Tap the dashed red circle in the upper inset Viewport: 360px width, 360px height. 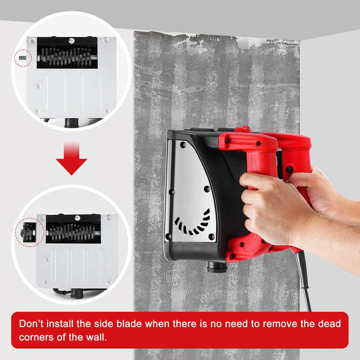(22, 57)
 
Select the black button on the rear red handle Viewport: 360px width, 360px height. (290, 169)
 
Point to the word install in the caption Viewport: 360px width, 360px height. (66, 323)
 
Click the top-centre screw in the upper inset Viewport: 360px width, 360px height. (72, 40)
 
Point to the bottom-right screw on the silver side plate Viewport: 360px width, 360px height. (212, 237)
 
